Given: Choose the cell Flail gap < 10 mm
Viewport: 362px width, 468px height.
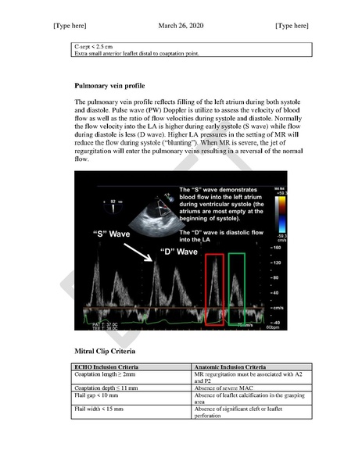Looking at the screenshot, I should [x=99, y=396].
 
